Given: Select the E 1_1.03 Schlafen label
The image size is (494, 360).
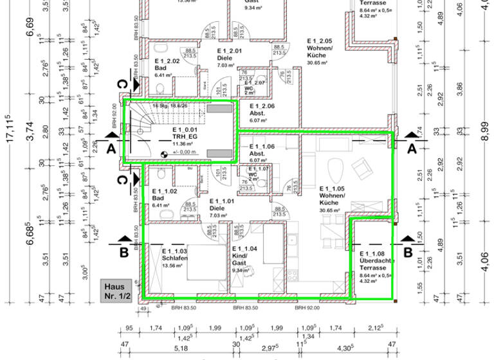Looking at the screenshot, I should pos(174,255).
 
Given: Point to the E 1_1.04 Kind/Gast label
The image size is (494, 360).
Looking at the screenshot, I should pos(244,255).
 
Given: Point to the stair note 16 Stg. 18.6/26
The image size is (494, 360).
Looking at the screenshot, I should pos(170,105).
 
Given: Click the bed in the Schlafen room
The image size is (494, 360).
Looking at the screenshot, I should pos(204,264).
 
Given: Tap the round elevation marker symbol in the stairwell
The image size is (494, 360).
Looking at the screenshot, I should pos(163,153).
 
